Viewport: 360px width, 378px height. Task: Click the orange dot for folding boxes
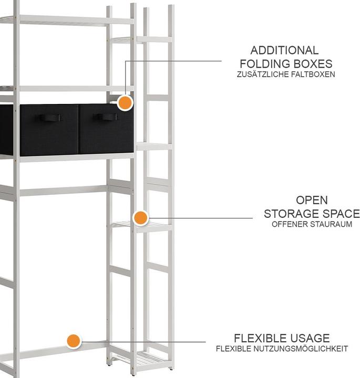[125, 103]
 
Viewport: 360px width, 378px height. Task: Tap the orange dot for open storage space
[140, 218]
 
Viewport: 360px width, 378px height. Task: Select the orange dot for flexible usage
[74, 341]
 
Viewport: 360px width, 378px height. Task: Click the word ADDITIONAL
[284, 50]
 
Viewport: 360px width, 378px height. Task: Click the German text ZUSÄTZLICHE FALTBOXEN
[286, 74]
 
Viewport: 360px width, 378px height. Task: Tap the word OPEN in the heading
[312, 200]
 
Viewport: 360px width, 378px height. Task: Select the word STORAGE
[292, 214]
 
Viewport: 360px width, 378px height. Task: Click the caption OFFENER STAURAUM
[312, 224]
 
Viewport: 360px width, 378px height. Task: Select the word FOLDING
[265, 64]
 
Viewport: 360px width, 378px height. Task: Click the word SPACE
[341, 214]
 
